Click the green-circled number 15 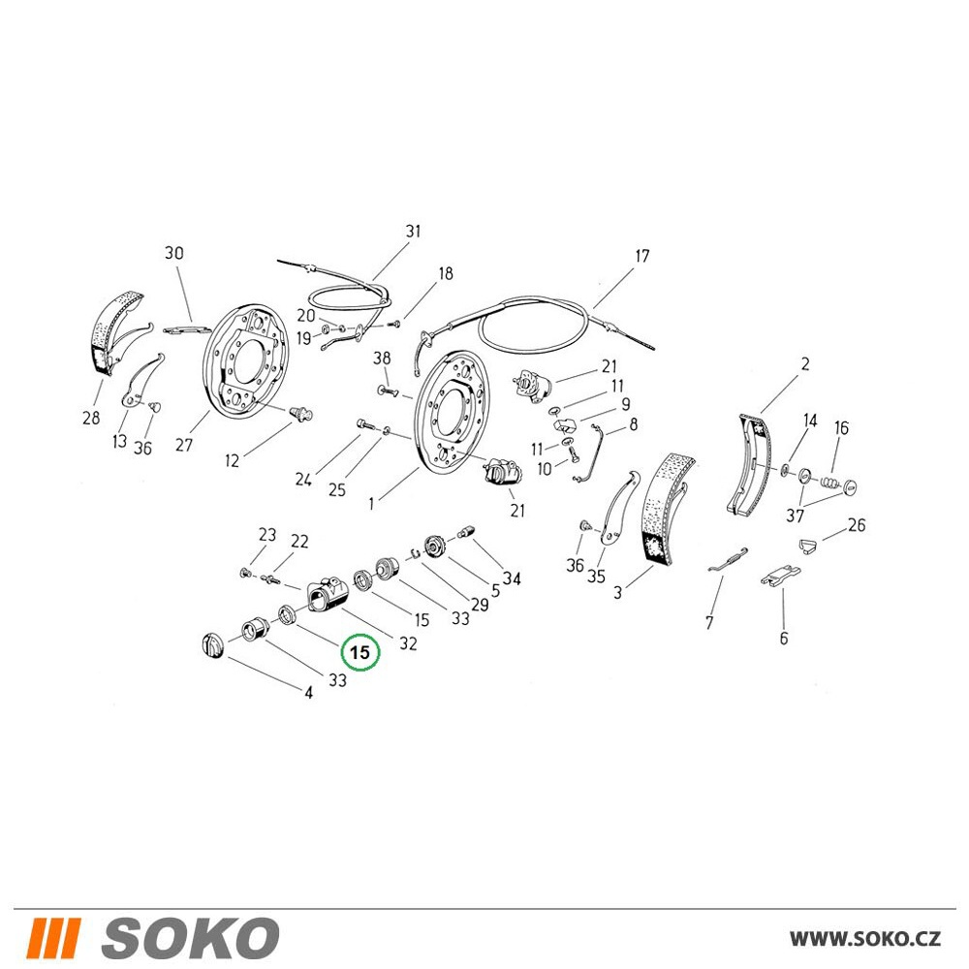point(360,652)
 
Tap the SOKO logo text point(190,938)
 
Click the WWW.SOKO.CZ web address point(865,939)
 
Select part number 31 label point(413,232)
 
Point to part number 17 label point(642,256)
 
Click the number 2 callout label point(805,364)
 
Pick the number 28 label point(91,418)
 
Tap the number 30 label point(174,253)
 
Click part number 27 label point(183,445)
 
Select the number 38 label point(382,358)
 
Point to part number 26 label point(857,524)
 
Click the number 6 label point(784,638)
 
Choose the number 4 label point(308,693)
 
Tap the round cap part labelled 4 point(211,645)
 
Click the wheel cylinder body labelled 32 point(327,593)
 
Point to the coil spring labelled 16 point(830,481)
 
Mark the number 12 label point(232,460)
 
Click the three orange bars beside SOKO point(53,938)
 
